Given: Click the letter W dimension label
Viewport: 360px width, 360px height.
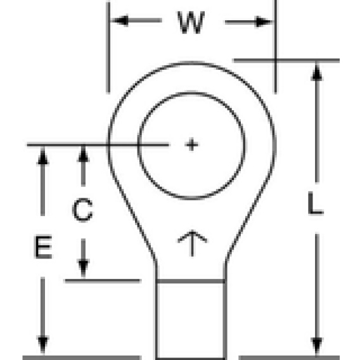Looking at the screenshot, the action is point(191,23).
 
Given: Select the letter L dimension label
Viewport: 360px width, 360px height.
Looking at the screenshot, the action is point(316,203).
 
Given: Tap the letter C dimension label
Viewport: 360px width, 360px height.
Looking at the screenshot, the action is point(82,210).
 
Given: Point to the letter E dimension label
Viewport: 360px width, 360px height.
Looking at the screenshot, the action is point(42,247).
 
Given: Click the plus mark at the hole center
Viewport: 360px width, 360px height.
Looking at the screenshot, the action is point(191,145).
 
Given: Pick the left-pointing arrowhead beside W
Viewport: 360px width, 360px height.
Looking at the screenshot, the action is point(120,21).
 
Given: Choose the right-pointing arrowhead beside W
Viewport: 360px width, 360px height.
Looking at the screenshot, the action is point(264,22).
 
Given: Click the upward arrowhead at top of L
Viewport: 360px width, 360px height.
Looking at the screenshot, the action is point(317,72).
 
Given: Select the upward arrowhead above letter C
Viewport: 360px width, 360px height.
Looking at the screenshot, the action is point(83,154).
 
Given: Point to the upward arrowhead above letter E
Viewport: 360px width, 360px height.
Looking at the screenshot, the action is point(42,156).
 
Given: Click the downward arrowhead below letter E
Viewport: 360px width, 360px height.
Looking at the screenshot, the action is point(42,345).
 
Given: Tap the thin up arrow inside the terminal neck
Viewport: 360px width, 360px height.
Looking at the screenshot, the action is point(192,243).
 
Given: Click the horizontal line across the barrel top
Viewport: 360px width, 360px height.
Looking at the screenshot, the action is point(191,281).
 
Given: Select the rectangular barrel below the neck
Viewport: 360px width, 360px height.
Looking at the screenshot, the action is point(191,320).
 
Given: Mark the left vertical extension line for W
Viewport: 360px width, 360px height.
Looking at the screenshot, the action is point(108,48).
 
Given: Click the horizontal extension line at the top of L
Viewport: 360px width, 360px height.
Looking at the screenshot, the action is point(286,61).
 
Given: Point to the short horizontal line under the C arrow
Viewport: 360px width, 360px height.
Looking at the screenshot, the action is point(103,281).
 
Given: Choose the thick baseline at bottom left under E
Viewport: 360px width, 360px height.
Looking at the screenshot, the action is point(82,357).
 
